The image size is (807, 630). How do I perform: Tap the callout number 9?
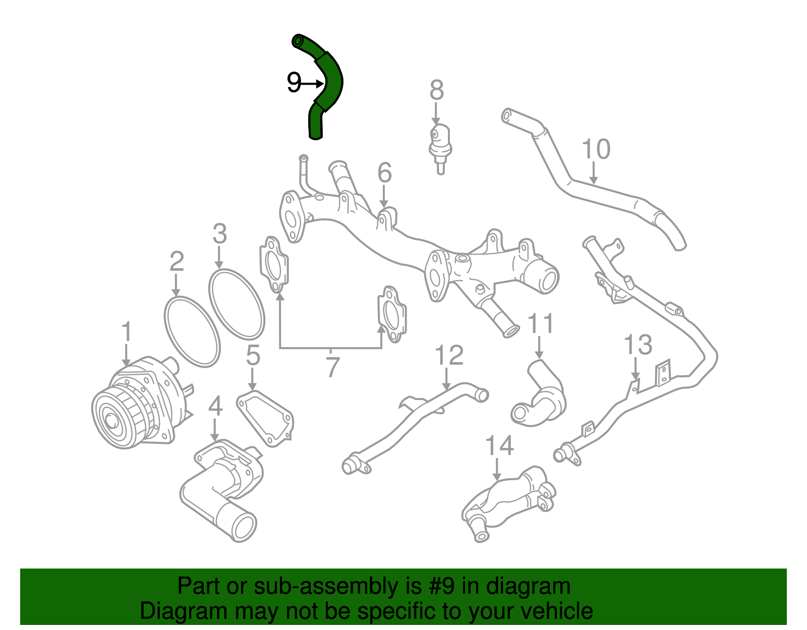pos(294,82)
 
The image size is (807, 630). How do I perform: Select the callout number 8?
pos(436,90)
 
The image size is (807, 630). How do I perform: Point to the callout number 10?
pos(596,149)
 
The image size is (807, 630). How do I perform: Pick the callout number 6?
pos(384,173)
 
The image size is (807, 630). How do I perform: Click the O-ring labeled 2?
pos(192,330)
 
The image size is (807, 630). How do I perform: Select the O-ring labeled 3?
pos(237,304)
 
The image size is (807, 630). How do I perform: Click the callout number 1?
pos(126,332)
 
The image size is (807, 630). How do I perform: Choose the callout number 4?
pos(215,406)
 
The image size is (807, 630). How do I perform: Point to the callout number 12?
pos(448,356)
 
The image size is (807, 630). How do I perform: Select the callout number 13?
pos(638,346)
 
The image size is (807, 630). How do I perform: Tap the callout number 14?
pos(499,446)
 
